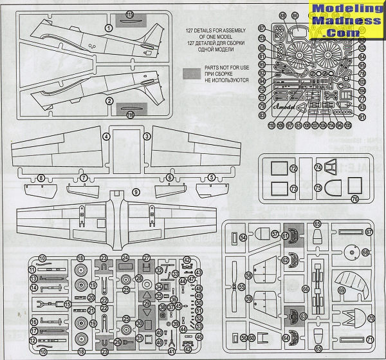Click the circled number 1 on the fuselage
(109, 28)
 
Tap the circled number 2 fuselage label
(109, 101)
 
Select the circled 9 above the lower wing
(135, 192)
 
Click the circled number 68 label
(365, 253)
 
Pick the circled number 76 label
(354, 200)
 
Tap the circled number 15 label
(68, 304)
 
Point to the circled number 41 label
(172, 352)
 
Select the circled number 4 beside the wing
(106, 137)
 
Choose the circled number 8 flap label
(41, 178)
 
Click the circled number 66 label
(306, 290)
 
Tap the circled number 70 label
(370, 318)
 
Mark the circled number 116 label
(130, 115)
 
